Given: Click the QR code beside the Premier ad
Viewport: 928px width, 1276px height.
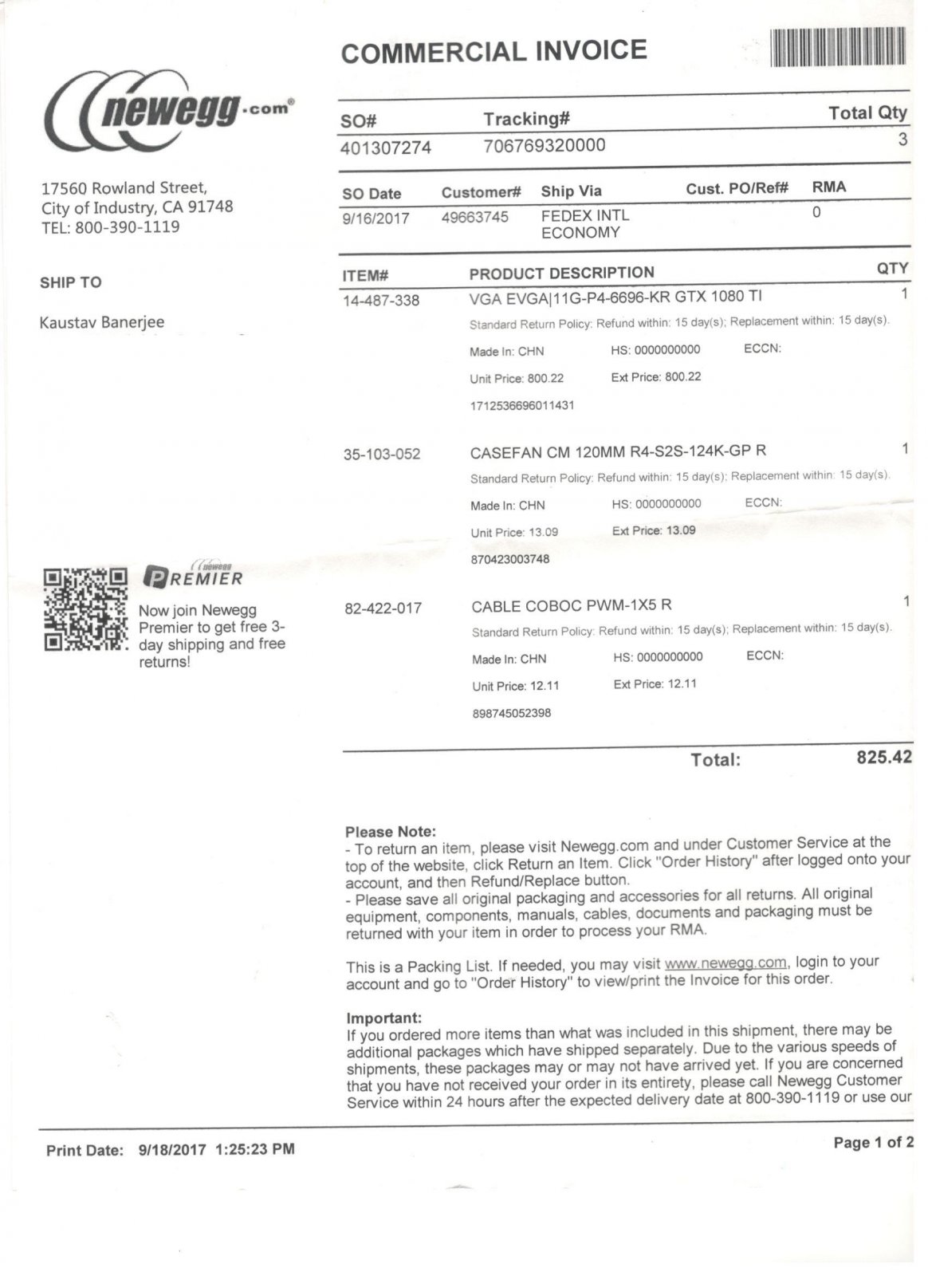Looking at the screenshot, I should click(85, 609).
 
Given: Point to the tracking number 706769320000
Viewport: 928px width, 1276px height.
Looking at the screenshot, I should click(545, 145).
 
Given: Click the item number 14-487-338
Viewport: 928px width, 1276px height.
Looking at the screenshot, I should click(381, 301).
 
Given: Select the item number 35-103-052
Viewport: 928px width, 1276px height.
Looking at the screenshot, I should click(382, 455).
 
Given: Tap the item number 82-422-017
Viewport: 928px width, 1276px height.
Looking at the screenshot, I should click(383, 608).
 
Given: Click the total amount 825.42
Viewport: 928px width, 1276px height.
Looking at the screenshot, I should click(883, 757).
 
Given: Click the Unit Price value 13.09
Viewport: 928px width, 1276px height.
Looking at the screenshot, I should click(543, 532).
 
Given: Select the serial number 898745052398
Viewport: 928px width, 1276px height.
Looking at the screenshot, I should click(511, 713).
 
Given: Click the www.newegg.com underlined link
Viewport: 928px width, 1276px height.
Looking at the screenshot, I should click(725, 963).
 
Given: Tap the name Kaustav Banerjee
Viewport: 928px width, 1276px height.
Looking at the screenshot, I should click(102, 323).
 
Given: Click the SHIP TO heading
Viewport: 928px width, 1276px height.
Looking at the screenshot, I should click(71, 282).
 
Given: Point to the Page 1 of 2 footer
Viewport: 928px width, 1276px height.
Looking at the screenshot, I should click(873, 1143).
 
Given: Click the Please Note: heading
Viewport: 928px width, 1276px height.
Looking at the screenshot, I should click(391, 831).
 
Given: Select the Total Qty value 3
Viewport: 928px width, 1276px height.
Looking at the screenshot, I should click(902, 140).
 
